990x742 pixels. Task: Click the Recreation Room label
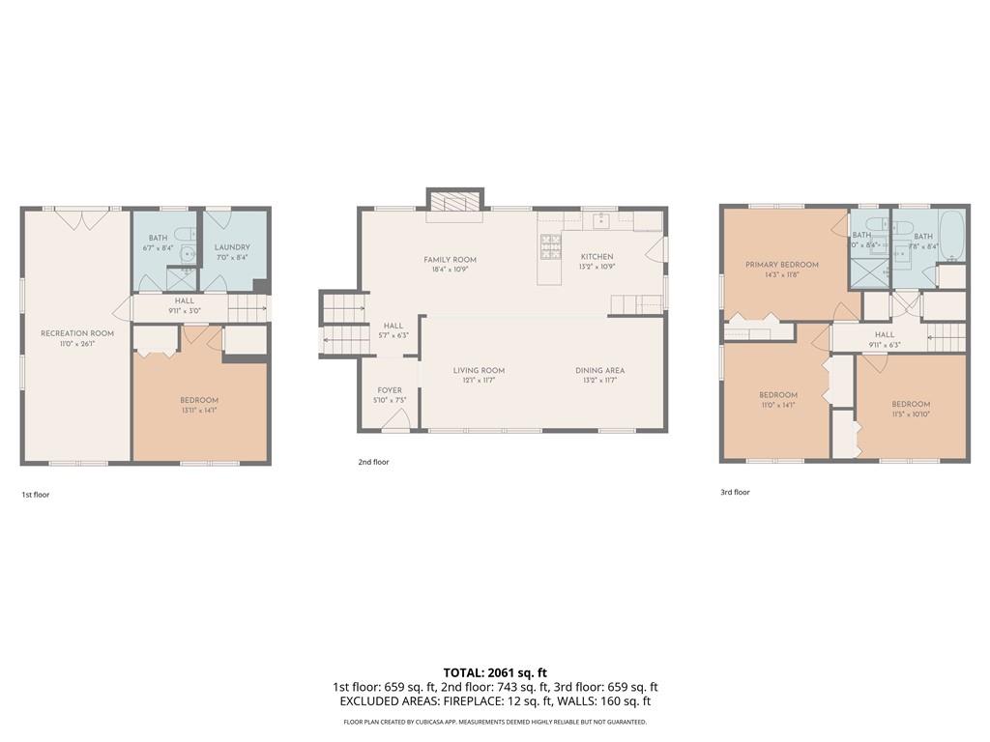pos(77,333)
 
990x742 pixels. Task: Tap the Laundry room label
pos(232,247)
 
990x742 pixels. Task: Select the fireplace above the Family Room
pos(454,201)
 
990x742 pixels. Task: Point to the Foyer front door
pos(394,419)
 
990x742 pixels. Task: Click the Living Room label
pos(479,370)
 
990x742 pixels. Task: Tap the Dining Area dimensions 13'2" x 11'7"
pos(599,381)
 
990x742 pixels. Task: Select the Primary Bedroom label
pos(781,265)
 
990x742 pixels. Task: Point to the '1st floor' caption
pos(36,495)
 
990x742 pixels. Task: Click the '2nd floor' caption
pos(373,462)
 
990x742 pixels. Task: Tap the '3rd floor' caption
pos(735,492)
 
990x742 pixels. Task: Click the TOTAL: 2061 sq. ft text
pos(495,672)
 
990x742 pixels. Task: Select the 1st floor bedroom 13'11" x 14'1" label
pos(199,405)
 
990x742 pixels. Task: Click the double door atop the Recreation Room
pos(81,218)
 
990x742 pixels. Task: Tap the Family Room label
pos(450,260)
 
